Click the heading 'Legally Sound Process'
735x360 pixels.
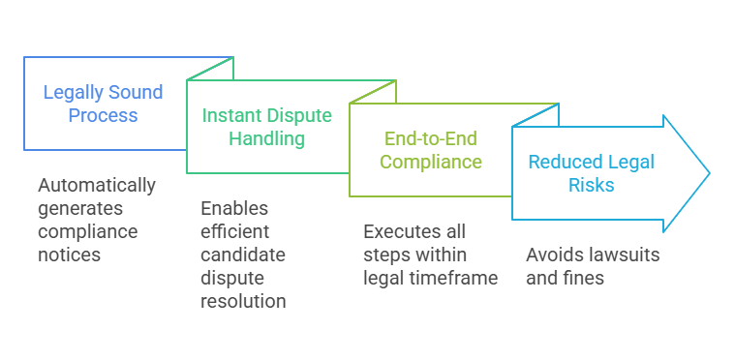pos(104,105)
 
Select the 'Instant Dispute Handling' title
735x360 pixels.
pos(266,127)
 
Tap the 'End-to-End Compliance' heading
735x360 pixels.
pos(431,149)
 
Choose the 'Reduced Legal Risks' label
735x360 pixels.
pos(591,173)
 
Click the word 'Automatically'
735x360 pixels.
pos(97,185)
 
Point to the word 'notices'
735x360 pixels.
pos(70,255)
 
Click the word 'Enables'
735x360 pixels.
pos(234,208)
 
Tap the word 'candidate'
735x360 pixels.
pos(244,255)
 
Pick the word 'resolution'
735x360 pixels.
pos(243,301)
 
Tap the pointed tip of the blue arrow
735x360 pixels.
pos(709,173)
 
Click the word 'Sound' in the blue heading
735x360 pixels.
pos(135,93)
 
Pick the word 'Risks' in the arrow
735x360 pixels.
pos(590,185)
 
